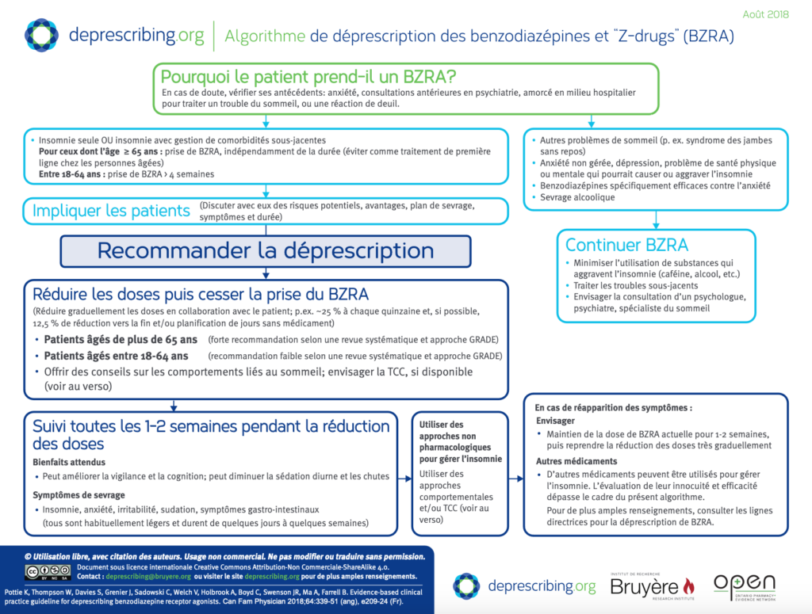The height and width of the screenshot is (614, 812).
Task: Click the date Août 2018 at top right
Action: click(765, 14)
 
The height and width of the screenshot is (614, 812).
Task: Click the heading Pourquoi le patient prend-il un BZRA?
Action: click(308, 77)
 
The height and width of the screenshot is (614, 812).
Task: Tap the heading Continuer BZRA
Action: click(626, 245)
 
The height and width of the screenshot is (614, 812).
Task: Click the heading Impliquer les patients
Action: click(111, 211)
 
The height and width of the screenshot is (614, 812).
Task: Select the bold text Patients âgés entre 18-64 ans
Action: click(116, 356)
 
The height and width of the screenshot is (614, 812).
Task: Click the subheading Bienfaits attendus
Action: click(69, 462)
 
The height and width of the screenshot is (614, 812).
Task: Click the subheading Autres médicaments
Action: click(576, 461)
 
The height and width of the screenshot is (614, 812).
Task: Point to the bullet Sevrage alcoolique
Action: click(577, 197)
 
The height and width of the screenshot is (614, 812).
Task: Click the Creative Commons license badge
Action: click(48, 571)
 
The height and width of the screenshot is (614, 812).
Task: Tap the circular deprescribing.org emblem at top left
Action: click(41, 36)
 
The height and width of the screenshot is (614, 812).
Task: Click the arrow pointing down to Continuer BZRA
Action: click(656, 219)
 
